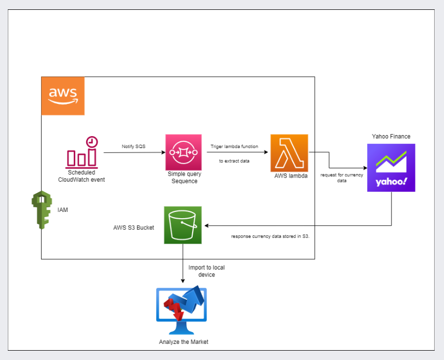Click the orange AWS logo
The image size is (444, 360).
63,96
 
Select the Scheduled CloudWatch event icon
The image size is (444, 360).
82,152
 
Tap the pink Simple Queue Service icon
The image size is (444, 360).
184,152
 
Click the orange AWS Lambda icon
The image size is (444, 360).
289,153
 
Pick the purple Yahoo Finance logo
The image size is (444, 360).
391,168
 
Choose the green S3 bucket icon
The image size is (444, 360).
183,225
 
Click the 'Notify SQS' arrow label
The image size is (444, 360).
134,146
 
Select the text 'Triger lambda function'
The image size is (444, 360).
234,147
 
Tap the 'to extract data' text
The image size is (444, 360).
234,161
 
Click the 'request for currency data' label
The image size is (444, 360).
342,177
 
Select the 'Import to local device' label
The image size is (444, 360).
207,271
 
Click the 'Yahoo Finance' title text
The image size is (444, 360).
391,137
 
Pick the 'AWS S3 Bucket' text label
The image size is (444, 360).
133,228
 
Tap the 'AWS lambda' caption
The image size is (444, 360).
291,177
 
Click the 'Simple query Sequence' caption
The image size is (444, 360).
184,178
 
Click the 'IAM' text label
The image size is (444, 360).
63,210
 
